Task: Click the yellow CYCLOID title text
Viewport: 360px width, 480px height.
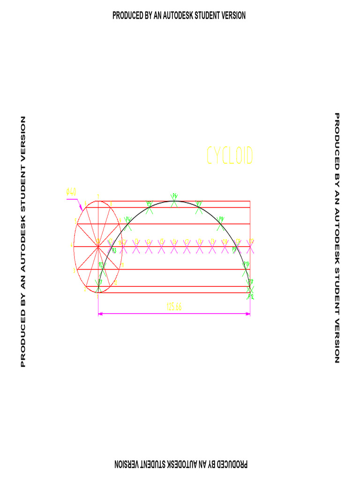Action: click(x=230, y=156)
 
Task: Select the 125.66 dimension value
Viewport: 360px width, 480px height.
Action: click(x=174, y=307)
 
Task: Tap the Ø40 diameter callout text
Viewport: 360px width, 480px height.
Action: click(x=71, y=191)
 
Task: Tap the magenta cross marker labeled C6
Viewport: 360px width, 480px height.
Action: click(x=174, y=247)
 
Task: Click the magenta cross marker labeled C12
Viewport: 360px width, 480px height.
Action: click(x=250, y=247)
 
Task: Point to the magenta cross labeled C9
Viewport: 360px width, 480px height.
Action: click(x=212, y=247)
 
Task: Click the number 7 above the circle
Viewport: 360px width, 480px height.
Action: click(x=98, y=196)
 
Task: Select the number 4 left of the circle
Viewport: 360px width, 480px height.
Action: click(x=71, y=245)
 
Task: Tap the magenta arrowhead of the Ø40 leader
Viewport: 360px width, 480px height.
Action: click(x=82, y=208)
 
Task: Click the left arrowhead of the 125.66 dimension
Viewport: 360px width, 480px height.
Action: click(x=100, y=314)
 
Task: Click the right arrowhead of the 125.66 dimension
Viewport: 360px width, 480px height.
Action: click(x=248, y=314)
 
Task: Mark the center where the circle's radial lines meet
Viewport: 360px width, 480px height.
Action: click(x=98, y=247)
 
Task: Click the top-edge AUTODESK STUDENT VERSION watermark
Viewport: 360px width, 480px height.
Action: click(x=179, y=15)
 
